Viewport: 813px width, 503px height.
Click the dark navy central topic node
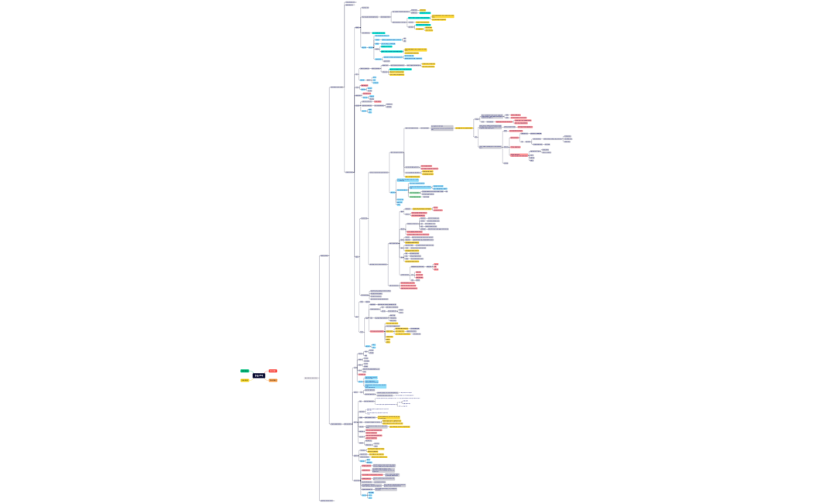tap(259, 375)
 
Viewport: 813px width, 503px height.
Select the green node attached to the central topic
tap(245, 371)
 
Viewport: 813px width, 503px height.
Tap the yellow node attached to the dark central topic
tap(245, 380)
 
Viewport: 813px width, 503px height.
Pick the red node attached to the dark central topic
tap(273, 371)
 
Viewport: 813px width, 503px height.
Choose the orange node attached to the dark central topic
tap(273, 380)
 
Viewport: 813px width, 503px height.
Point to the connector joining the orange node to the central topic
tap(266, 378)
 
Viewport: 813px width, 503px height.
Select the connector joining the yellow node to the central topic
tap(251, 378)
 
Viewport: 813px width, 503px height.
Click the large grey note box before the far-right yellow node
tap(442, 128)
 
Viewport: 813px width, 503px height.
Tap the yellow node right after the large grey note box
tap(464, 128)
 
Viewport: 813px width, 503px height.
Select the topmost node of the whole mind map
tap(351, 2)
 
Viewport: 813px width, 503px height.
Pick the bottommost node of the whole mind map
tap(327, 500)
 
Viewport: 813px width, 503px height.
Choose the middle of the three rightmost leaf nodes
tap(568, 139)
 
